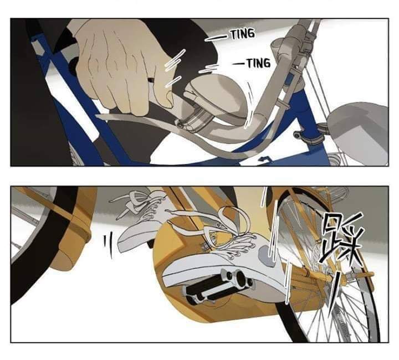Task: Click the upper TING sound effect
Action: click(x=242, y=34)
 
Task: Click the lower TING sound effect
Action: click(x=259, y=63)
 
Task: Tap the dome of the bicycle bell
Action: click(x=219, y=95)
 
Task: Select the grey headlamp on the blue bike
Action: click(x=359, y=132)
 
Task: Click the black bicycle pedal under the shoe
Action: click(x=219, y=284)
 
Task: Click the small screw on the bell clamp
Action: click(x=181, y=125)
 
